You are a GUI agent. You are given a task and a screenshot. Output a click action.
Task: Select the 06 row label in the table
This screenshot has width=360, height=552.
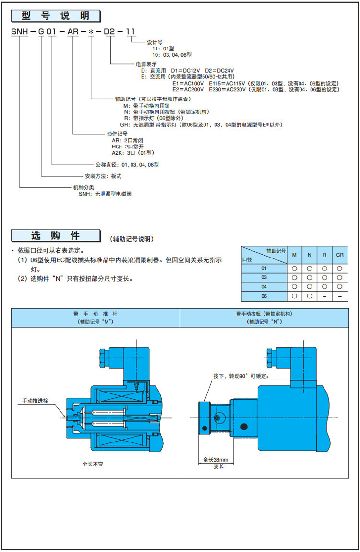coord(264,296)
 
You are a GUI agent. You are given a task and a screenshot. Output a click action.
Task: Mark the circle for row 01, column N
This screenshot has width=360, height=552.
coord(310,268)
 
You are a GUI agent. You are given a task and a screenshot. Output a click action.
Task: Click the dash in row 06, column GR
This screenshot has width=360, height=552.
coord(340,296)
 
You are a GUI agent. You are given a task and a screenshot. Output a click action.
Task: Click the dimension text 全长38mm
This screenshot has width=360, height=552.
coord(216,459)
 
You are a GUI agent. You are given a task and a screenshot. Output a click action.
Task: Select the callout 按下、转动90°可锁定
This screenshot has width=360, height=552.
coord(240,377)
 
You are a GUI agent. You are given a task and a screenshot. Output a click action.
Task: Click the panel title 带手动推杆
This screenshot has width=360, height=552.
coord(95,313)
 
